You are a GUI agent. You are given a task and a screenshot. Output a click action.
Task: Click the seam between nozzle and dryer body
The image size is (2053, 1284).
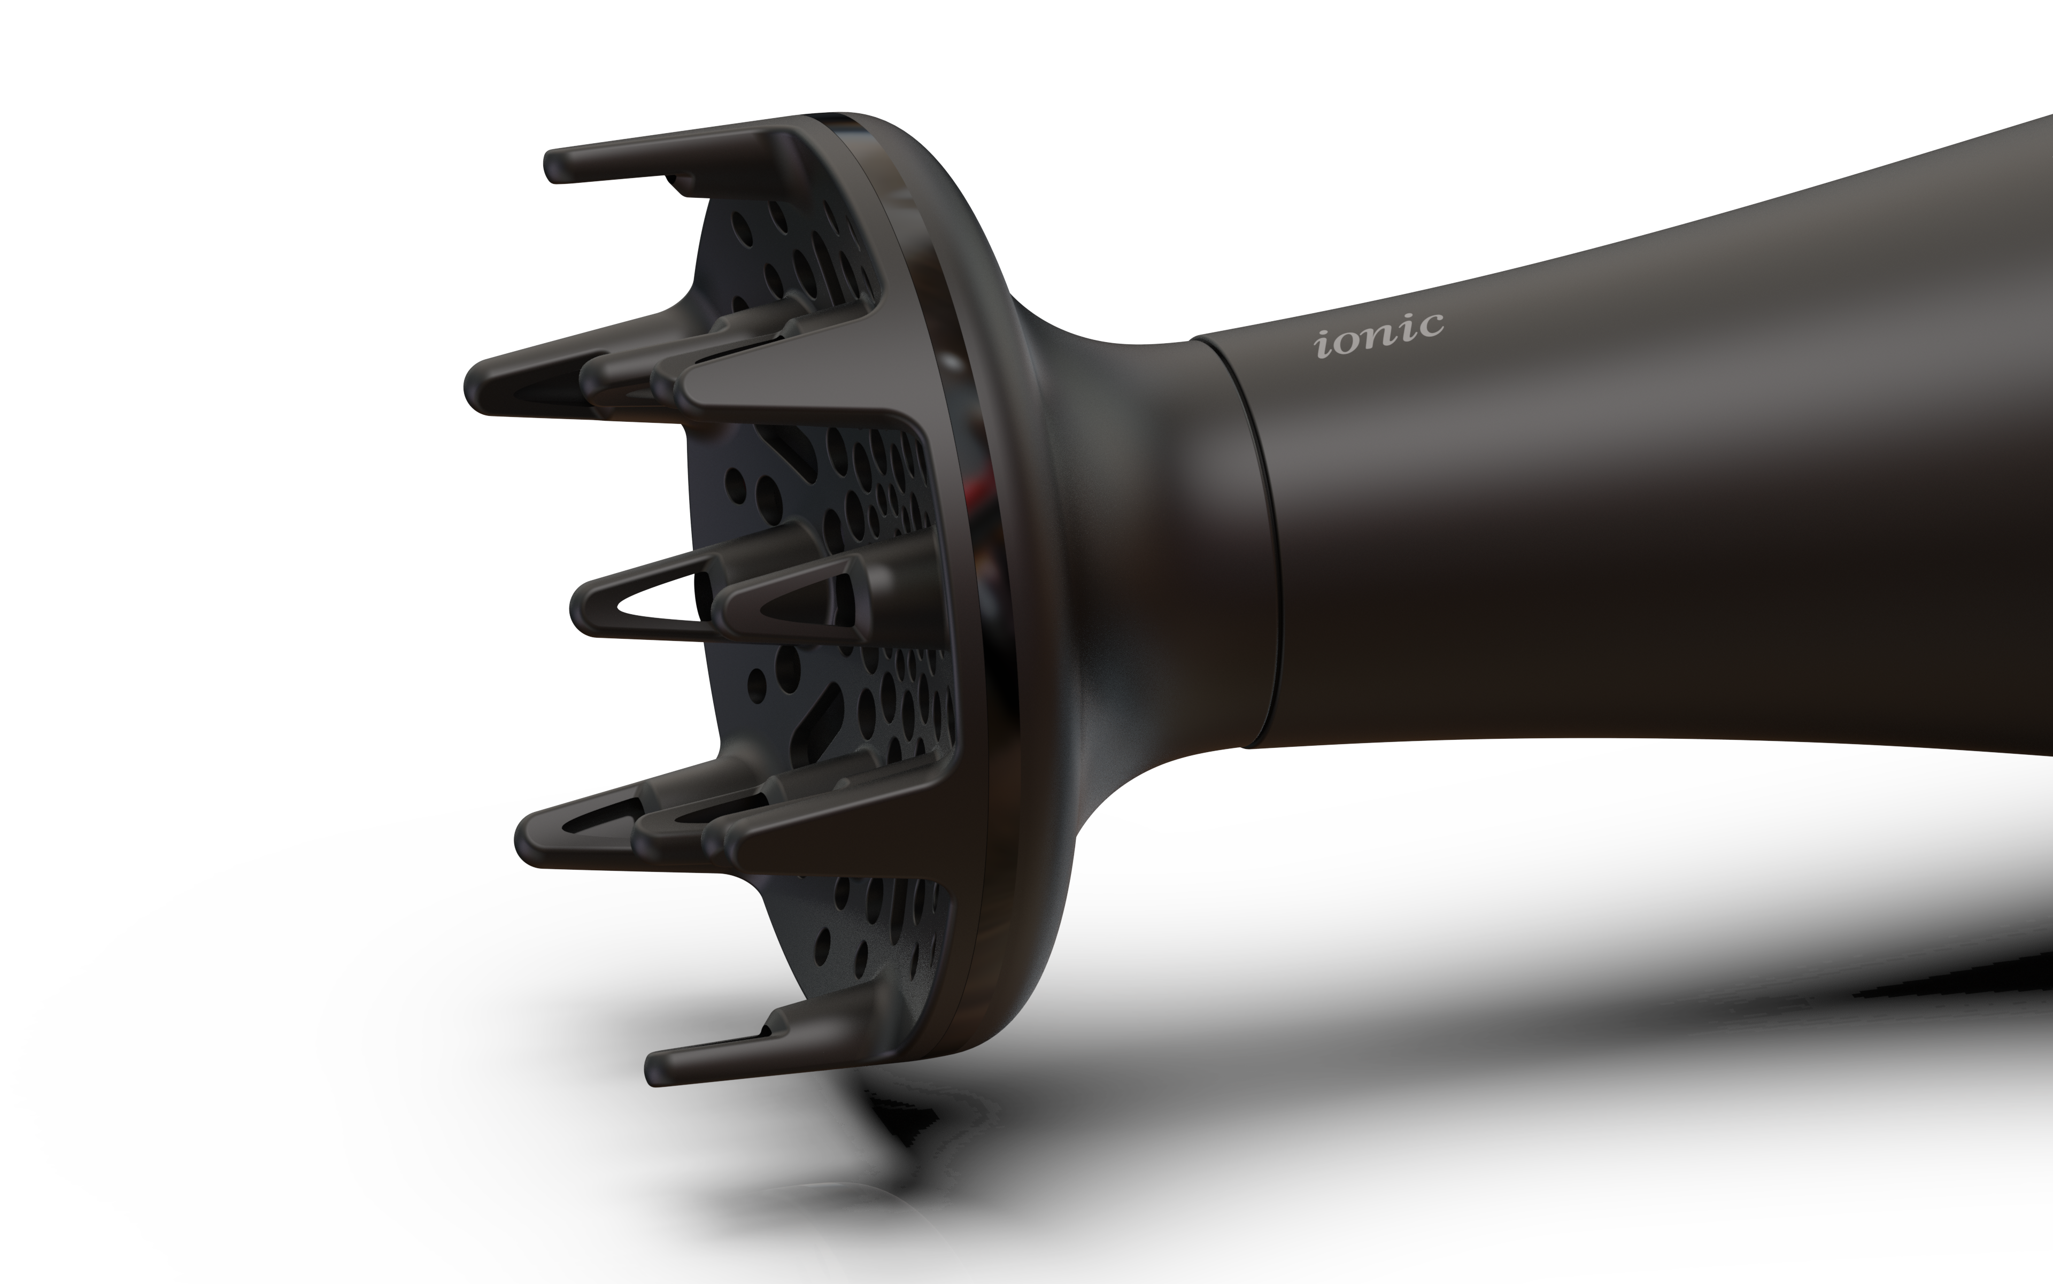click(1248, 544)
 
